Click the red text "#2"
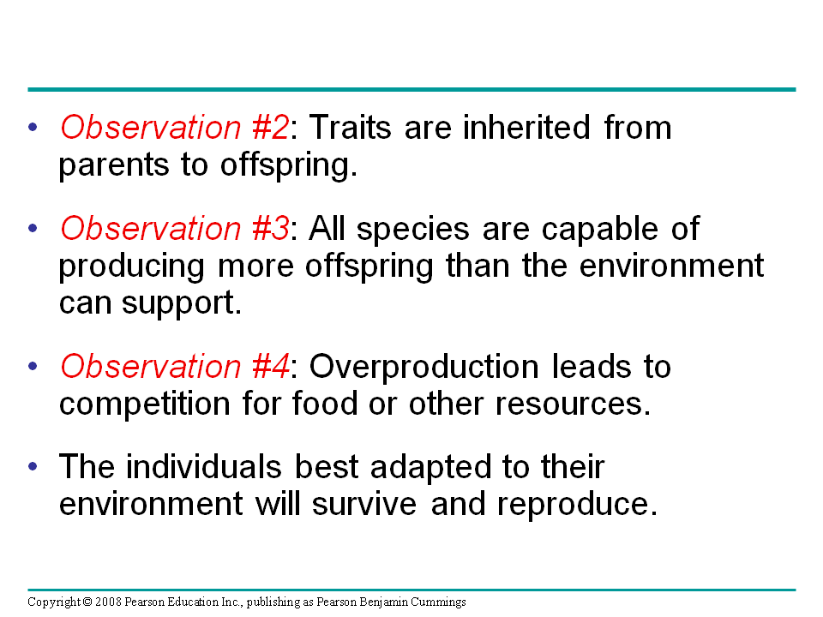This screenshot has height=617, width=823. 270,128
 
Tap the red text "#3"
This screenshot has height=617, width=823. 270,229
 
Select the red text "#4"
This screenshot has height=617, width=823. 270,366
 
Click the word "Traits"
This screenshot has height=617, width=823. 350,128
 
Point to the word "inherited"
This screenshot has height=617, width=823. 526,128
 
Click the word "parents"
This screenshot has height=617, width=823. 113,165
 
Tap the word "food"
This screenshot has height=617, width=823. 324,403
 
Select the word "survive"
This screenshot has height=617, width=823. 363,504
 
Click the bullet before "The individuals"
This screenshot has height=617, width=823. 33,466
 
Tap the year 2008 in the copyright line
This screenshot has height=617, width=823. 108,602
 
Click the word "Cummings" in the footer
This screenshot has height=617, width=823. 438,602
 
